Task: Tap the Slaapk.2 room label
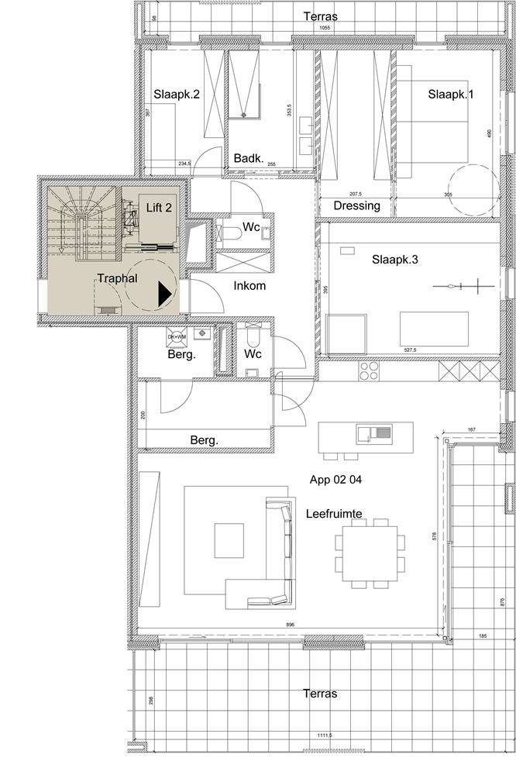[177, 95]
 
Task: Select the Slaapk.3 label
[394, 260]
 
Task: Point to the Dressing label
[356, 206]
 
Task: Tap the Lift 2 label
[160, 208]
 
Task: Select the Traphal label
[116, 279]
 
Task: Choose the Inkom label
[249, 285]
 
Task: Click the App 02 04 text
[335, 480]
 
